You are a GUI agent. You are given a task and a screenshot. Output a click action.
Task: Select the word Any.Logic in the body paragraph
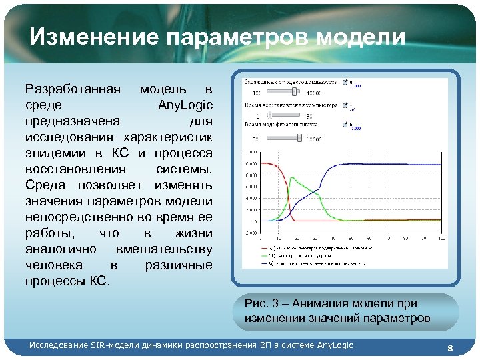pyautogui.click(x=185, y=105)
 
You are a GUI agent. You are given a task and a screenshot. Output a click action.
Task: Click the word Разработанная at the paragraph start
pyautogui.click(x=73, y=89)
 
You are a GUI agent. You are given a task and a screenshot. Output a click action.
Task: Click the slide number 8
pyautogui.click(x=450, y=349)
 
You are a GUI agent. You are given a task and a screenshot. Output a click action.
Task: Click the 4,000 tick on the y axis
pyautogui.click(x=251, y=199)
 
